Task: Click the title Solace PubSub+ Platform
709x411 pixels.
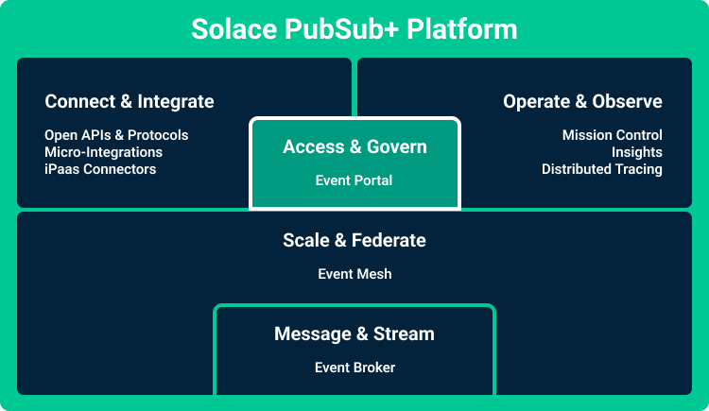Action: coord(354,28)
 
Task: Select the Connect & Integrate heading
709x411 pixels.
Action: coord(130,101)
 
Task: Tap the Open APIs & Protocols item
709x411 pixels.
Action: coord(116,135)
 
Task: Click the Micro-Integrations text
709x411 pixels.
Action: coord(103,152)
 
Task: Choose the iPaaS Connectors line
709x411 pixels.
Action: coord(100,169)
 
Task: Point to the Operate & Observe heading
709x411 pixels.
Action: coord(582,101)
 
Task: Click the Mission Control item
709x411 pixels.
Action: coord(612,135)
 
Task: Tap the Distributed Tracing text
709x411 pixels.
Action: coord(601,169)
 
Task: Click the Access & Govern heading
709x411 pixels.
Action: coord(354,147)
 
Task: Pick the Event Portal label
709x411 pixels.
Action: coord(354,180)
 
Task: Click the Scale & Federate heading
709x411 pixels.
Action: coord(354,240)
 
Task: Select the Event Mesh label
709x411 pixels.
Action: coord(354,274)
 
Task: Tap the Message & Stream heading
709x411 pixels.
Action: coord(354,334)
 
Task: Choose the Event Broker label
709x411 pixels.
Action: coord(354,368)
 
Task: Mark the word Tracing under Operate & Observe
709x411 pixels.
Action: coord(637,169)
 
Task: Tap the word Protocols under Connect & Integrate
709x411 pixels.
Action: coord(158,135)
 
